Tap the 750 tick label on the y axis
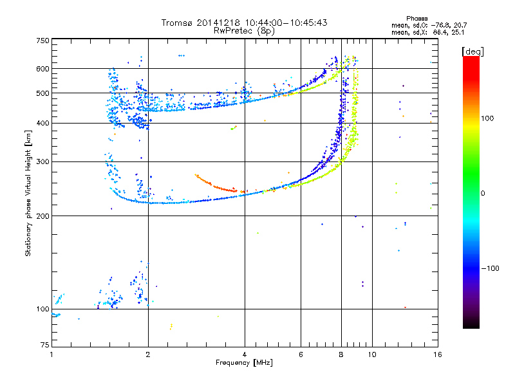point(41,40)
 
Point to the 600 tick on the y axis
point(41,68)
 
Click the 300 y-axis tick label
point(41,161)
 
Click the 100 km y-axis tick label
point(41,309)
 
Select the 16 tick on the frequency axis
point(437,354)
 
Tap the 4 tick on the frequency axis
point(245,354)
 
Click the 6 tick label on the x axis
point(301,354)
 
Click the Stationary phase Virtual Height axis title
point(28,193)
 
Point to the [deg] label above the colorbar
point(473,51)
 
